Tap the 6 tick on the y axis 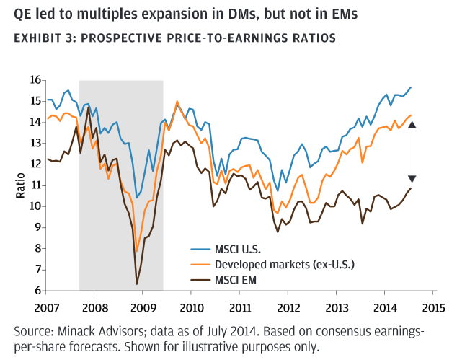coord(37,291)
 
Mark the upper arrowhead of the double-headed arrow coord(412,123)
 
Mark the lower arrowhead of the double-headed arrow coord(412,180)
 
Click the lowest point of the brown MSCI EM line coord(137,284)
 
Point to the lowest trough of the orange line coord(137,251)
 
